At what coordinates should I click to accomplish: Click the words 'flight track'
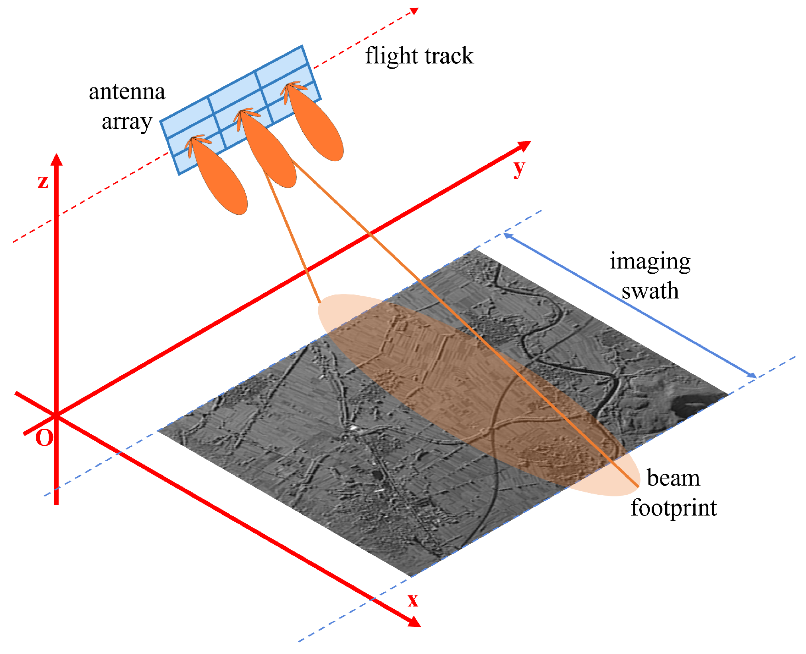pos(419,56)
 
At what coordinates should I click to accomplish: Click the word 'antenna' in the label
pos(127,92)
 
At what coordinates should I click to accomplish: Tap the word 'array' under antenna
pos(127,122)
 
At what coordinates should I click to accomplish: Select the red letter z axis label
pos(43,182)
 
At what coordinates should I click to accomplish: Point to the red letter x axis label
pos(413,600)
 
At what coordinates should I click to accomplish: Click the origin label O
pos(44,438)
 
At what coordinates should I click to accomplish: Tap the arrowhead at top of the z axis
pos(57,159)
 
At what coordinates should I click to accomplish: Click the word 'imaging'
pos(650,262)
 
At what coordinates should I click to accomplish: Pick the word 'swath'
pos(650,291)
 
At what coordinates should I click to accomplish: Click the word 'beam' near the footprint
pos(673,478)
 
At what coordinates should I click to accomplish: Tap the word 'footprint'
pos(673,508)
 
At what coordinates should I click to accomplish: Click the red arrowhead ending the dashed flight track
pos(414,11)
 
